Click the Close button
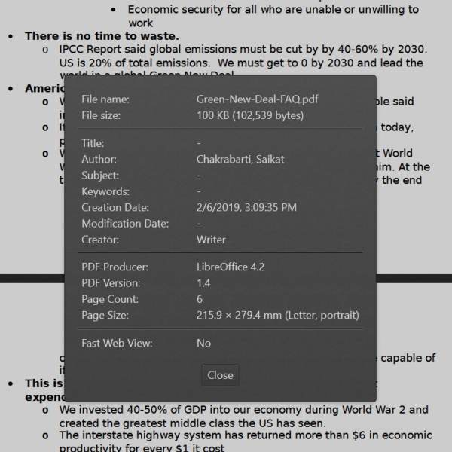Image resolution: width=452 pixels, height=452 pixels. tap(220, 375)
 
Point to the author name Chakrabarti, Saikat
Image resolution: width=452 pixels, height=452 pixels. tap(240, 159)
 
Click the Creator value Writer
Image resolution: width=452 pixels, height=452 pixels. tap(211, 240)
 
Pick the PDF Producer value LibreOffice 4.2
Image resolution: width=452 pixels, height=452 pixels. tap(231, 267)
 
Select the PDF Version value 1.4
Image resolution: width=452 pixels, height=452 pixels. tap(203, 283)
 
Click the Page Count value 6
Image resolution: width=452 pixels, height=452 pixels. tap(200, 299)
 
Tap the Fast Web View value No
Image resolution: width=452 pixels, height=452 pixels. tap(203, 343)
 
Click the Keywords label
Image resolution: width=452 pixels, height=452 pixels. tap(105, 191)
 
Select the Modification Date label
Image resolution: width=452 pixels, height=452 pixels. tap(125, 224)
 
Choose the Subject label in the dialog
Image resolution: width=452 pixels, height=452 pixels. tap(100, 176)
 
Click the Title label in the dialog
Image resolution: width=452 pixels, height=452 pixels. tap(93, 143)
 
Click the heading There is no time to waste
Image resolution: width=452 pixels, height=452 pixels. tap(102, 36)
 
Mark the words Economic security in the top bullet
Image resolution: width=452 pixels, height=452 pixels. tap(174, 10)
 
